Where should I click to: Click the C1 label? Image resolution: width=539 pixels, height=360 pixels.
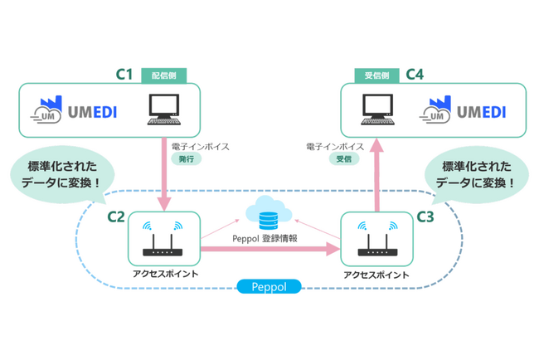tap(124, 75)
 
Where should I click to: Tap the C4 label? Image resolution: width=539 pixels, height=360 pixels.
tap(415, 75)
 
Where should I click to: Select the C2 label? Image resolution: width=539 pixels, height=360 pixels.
tap(116, 217)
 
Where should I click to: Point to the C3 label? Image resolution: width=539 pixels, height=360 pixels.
tap(425, 217)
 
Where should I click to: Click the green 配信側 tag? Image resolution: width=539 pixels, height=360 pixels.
tap(164, 75)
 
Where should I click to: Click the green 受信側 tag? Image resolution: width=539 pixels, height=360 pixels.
tap(376, 75)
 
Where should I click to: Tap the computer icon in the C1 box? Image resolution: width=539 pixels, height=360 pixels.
tap(164, 109)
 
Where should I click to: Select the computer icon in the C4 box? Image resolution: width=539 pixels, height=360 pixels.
tap(377, 109)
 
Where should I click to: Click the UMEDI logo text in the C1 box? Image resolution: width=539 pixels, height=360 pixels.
tap(93, 112)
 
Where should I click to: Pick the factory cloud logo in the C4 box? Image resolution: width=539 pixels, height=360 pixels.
tap(435, 109)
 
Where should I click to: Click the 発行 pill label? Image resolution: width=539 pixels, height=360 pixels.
tap(187, 159)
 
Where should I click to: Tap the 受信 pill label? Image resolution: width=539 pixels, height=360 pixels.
tap(344, 159)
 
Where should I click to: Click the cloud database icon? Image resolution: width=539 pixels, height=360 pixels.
tap(269, 213)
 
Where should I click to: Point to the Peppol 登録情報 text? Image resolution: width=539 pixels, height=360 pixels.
tap(265, 239)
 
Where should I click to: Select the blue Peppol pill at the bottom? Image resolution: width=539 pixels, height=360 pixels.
tap(269, 286)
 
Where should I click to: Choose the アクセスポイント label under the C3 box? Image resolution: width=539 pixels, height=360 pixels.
tap(376, 275)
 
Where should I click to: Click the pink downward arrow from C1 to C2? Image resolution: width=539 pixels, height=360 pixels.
tap(164, 174)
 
